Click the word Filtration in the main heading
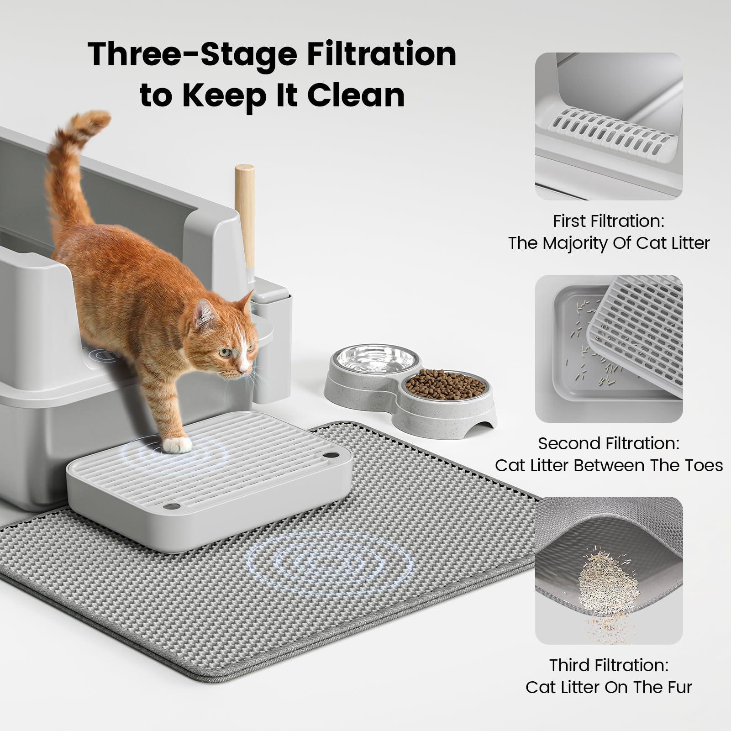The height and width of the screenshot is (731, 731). pyautogui.click(x=381, y=54)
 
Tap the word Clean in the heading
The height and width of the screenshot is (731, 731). pyautogui.click(x=356, y=95)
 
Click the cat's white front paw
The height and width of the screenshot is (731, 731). pyautogui.click(x=178, y=444)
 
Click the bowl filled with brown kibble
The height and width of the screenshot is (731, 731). pyautogui.click(x=445, y=386)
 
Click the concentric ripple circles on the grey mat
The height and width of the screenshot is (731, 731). pyautogui.click(x=329, y=566)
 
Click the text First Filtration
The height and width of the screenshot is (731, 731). pyautogui.click(x=608, y=221)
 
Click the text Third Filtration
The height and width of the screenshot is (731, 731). pyautogui.click(x=608, y=665)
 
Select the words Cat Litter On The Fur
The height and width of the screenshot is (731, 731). pyautogui.click(x=608, y=687)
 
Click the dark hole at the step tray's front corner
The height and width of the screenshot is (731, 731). pyautogui.click(x=172, y=506)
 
